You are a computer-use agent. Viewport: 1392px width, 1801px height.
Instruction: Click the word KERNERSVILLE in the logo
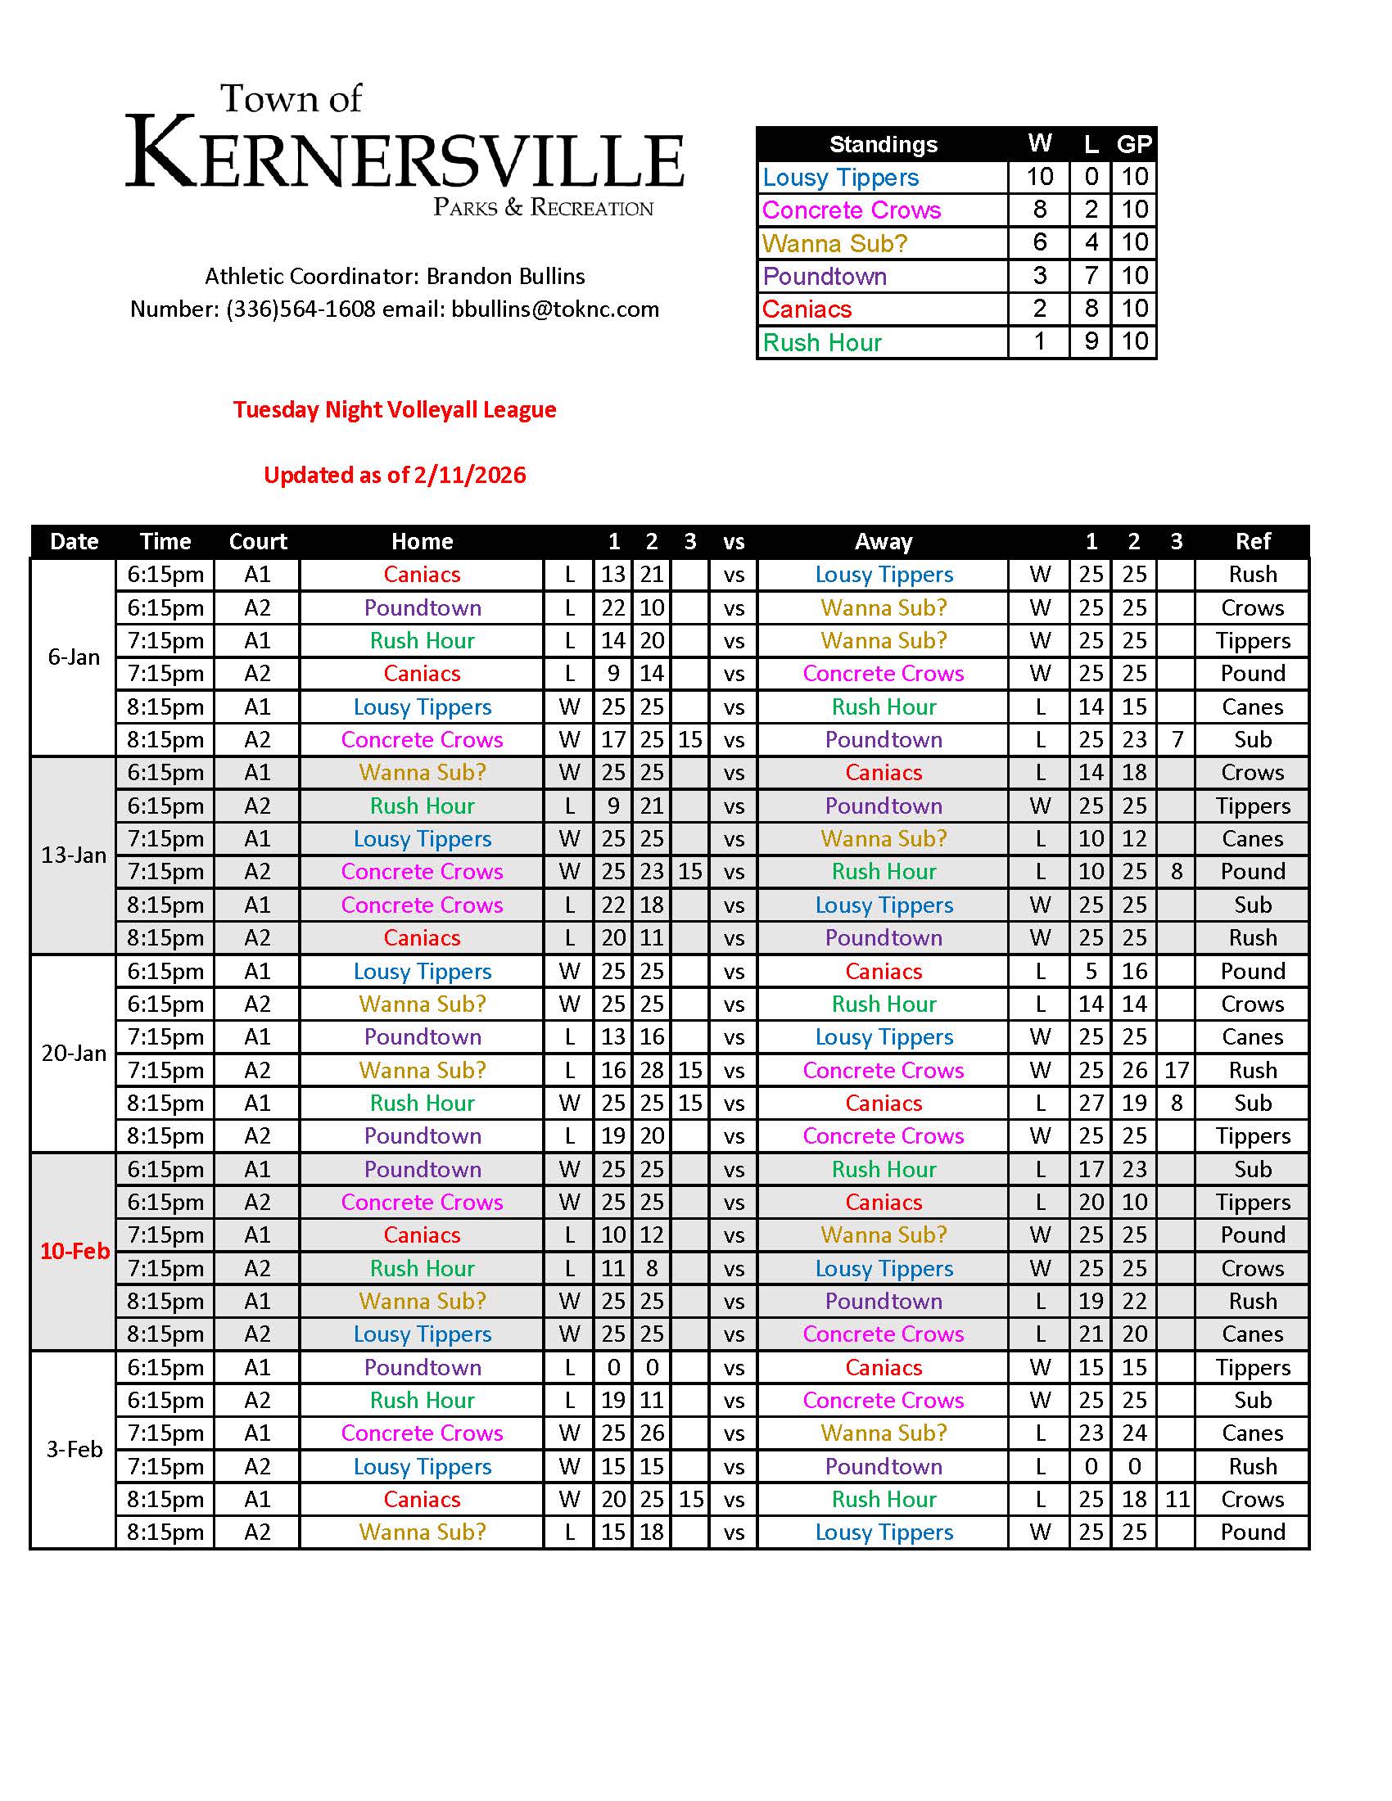[x=404, y=154]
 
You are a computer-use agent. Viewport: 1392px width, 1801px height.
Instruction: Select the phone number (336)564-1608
[x=301, y=309]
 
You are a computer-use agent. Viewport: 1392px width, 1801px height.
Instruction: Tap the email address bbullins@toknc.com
[x=555, y=309]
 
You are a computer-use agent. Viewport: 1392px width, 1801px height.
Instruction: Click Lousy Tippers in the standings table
[x=839, y=178]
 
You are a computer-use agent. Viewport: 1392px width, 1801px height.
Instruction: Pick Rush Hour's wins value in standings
[x=1039, y=341]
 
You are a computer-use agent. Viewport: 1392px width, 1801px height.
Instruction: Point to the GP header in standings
[x=1134, y=144]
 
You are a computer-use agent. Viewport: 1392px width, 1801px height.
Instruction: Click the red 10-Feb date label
[x=75, y=1251]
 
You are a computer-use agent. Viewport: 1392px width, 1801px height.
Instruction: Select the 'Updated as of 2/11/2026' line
[x=394, y=475]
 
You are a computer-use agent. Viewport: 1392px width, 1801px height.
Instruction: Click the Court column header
[x=257, y=541]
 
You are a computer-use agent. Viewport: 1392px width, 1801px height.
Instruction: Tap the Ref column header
[x=1252, y=541]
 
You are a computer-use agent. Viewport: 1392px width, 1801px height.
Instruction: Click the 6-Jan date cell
[x=74, y=657]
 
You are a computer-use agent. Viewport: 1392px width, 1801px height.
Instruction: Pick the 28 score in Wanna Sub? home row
[x=652, y=1070]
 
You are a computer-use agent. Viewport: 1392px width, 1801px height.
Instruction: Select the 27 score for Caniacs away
[x=1090, y=1103]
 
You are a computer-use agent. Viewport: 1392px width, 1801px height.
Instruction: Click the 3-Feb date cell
[x=74, y=1449]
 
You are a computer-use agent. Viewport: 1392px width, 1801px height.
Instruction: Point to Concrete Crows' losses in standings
[x=1090, y=210]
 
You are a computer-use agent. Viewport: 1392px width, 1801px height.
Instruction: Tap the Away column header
[x=884, y=541]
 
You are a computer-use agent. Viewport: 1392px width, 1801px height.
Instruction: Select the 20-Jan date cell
[x=74, y=1053]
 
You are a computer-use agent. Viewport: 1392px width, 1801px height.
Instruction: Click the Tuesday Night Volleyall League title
[x=394, y=410]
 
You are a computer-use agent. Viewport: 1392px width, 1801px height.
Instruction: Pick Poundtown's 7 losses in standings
[x=1090, y=275]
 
